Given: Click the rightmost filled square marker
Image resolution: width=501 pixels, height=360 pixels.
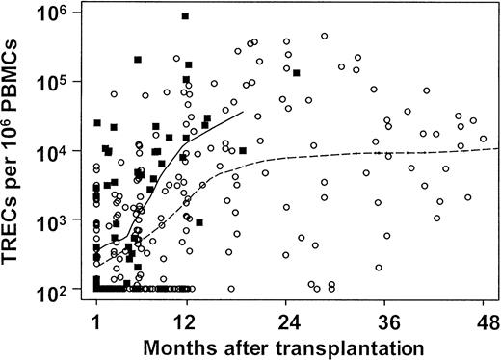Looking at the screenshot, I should tap(297, 72).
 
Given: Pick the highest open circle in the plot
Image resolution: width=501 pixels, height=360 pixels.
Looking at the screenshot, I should tap(325, 37).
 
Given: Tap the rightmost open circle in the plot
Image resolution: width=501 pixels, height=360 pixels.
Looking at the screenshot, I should tap(484, 139).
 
